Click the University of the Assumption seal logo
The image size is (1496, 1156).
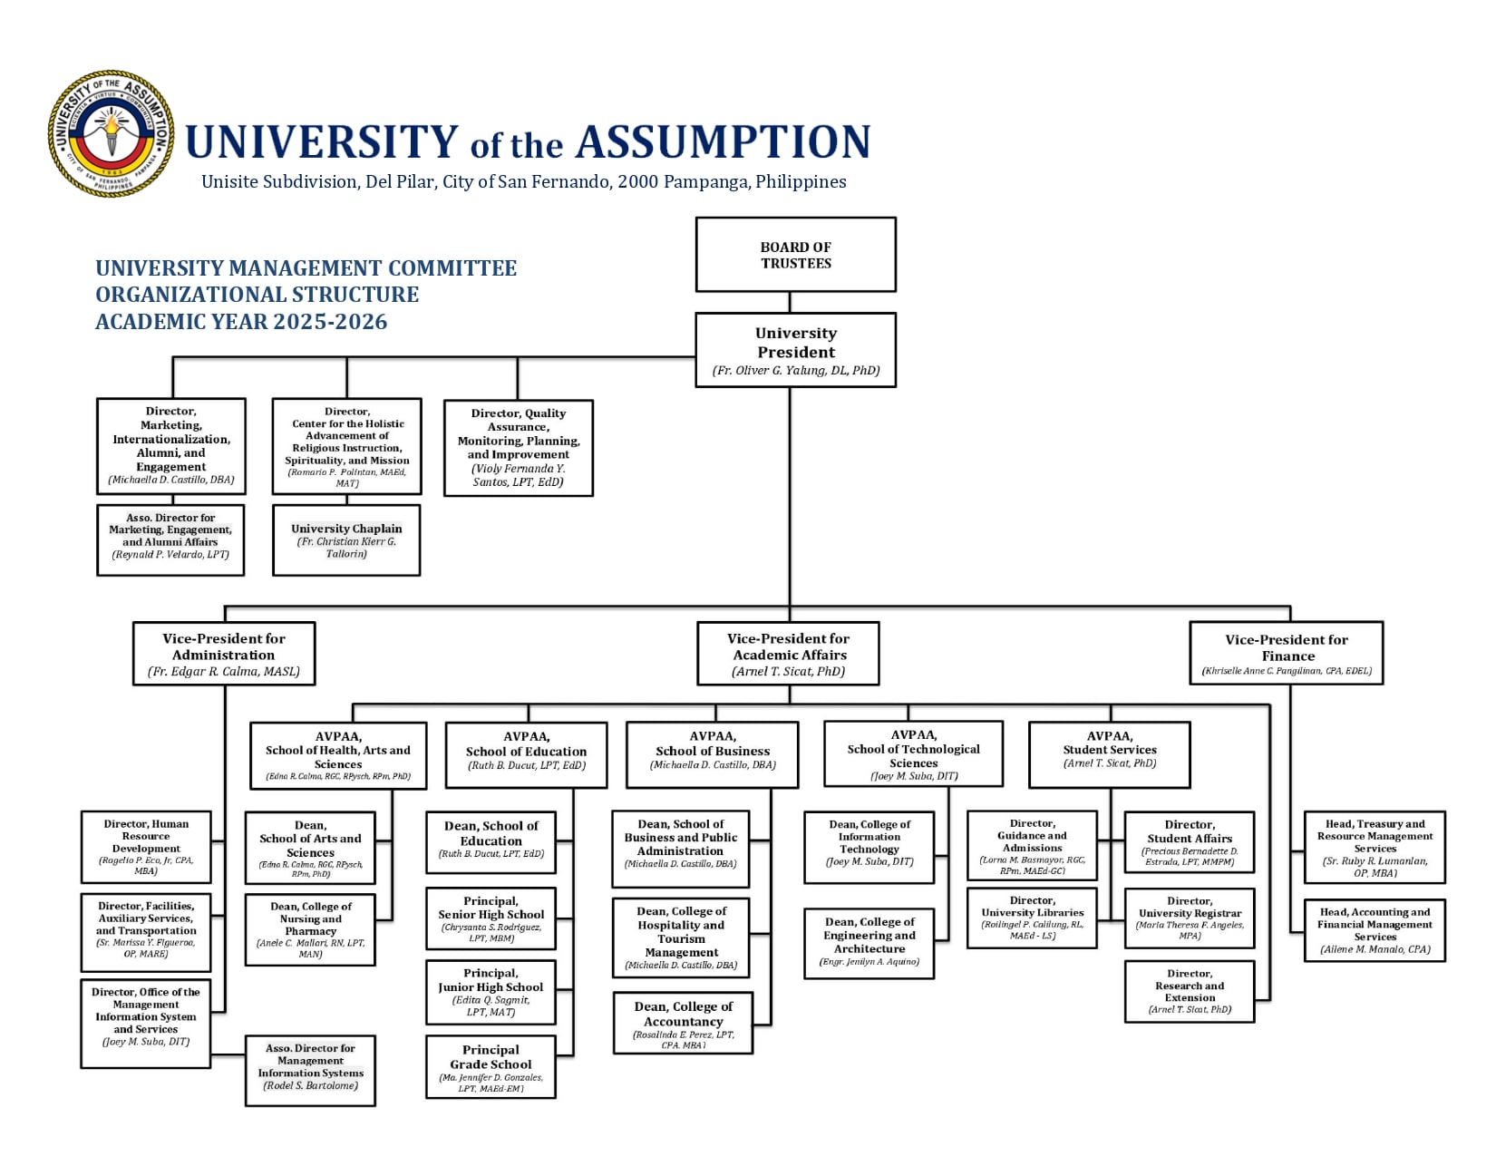click(x=111, y=133)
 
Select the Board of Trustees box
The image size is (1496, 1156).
click(x=795, y=255)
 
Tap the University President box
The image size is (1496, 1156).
click(x=795, y=350)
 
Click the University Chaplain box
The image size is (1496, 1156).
click(x=346, y=540)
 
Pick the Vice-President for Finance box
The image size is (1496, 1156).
click(x=1286, y=653)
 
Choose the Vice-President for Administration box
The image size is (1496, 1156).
click(x=224, y=653)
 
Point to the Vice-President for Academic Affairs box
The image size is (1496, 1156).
click(x=789, y=653)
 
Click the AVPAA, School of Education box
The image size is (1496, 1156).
click(x=526, y=755)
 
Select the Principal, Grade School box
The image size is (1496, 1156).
click(x=491, y=1067)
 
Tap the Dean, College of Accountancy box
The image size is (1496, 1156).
click(x=683, y=1024)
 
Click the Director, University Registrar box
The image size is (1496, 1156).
click(x=1190, y=918)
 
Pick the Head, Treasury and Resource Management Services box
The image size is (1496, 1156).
click(x=1375, y=847)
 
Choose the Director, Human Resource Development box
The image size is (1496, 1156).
click(x=146, y=847)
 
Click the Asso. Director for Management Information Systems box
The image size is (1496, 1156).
click(x=310, y=1071)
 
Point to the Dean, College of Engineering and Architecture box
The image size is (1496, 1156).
click(x=869, y=944)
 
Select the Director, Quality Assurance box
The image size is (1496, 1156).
click(x=518, y=448)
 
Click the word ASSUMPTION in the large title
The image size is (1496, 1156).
click(x=723, y=142)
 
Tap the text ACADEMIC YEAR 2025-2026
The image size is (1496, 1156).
click(x=241, y=322)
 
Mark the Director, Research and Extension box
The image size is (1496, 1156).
click(x=1190, y=991)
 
